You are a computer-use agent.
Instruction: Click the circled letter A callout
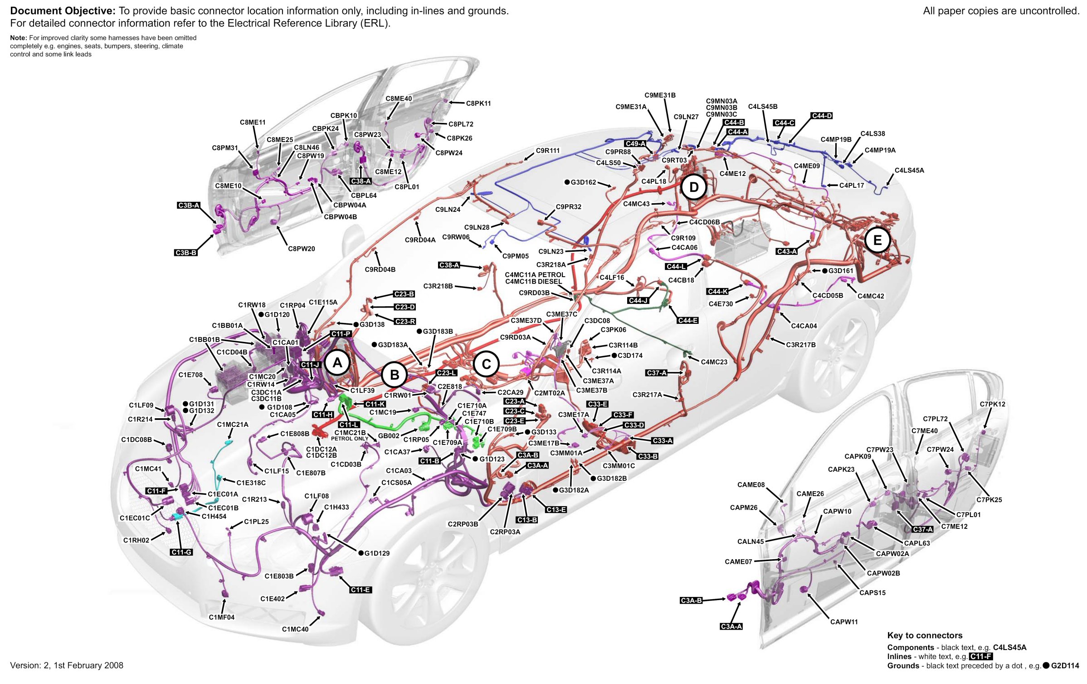[x=337, y=363]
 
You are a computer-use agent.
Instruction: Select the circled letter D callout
[x=693, y=187]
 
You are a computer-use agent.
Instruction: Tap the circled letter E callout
[x=877, y=240]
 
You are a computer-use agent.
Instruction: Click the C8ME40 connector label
[x=399, y=98]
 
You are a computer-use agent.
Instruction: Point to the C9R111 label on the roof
[x=547, y=150]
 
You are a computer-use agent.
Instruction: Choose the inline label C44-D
[x=822, y=116]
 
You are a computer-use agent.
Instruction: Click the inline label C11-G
[x=181, y=552]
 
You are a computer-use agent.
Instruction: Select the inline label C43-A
[x=786, y=251]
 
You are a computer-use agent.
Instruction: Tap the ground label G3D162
[x=583, y=182]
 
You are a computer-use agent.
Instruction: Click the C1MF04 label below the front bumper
[x=221, y=617]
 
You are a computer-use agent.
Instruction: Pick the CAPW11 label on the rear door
[x=843, y=621]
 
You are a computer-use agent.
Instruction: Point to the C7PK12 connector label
[x=992, y=404]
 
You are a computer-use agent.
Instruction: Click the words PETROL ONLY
[x=349, y=439]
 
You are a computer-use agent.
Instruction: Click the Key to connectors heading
[x=925, y=635]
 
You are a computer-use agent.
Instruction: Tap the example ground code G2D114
[x=1065, y=665]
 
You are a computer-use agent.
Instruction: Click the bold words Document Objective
[x=63, y=11]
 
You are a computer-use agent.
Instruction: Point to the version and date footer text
[x=67, y=665]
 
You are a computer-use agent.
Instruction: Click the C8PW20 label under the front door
[x=301, y=249]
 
